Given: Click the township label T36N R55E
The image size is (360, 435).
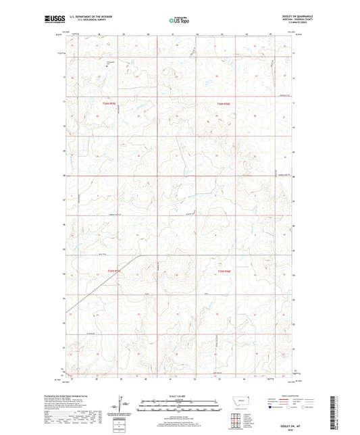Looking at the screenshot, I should pos(120,103).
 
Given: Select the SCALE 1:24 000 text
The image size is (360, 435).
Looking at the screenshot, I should pos(179,395).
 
